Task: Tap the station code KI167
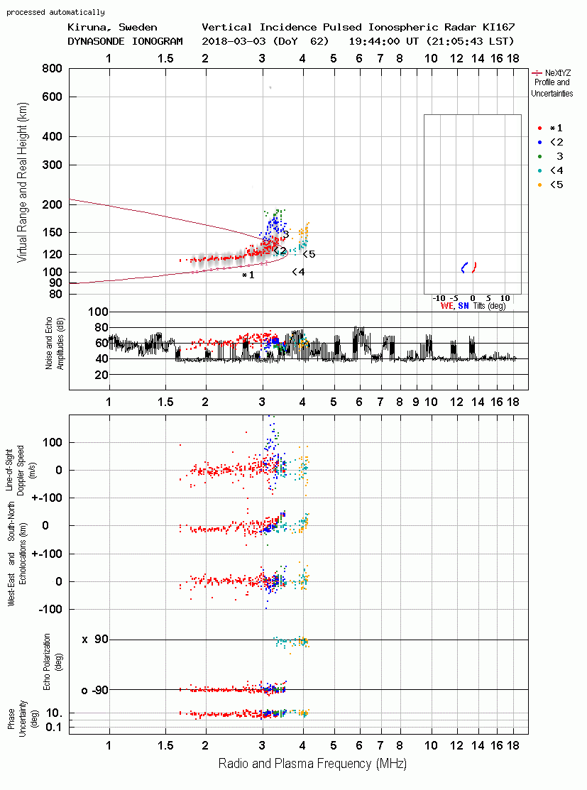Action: pyautogui.click(x=498, y=27)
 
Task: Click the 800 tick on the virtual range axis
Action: pyautogui.click(x=52, y=69)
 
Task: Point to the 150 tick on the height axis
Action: pyautogui.click(x=52, y=233)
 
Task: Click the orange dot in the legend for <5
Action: pyautogui.click(x=539, y=185)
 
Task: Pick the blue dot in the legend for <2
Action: pyautogui.click(x=539, y=143)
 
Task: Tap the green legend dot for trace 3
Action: pyautogui.click(x=539, y=157)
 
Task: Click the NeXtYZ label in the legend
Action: pyautogui.click(x=558, y=73)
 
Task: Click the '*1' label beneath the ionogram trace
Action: pyautogui.click(x=248, y=275)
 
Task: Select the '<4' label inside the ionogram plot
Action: pyautogui.click(x=298, y=272)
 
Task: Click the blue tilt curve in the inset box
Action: pyautogui.click(x=464, y=268)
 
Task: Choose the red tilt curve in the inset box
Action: pyautogui.click(x=473, y=268)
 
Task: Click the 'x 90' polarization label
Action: pyautogui.click(x=95, y=640)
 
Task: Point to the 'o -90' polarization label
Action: pyautogui.click(x=94, y=690)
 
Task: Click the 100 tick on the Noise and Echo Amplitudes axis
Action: pyautogui.click(x=98, y=312)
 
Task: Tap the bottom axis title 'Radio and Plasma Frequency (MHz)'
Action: pyautogui.click(x=312, y=764)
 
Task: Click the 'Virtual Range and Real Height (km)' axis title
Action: pyautogui.click(x=22, y=182)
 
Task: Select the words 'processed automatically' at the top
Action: pyautogui.click(x=55, y=12)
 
